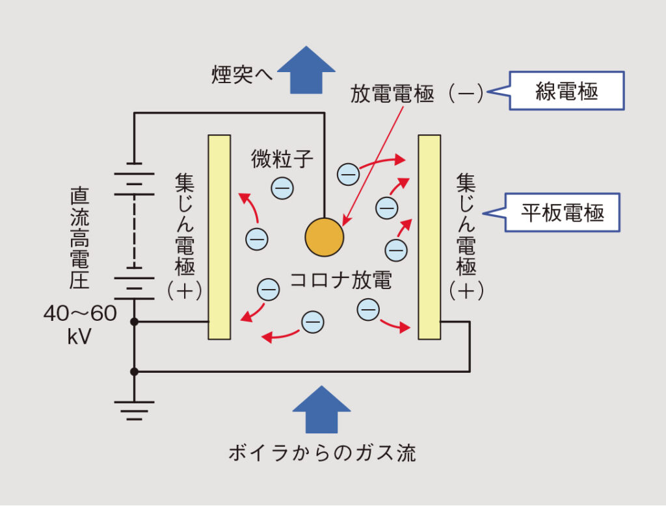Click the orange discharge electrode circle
coord(324,237)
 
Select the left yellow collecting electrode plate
coord(219,236)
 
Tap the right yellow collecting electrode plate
coord(429,236)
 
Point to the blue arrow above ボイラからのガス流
coord(321,409)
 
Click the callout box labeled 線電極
coord(565,91)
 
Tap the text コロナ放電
coord(340,281)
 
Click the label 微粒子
coord(274,157)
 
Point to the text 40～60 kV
coord(80,325)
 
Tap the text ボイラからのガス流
coord(321,453)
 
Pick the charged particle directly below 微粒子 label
coord(282,188)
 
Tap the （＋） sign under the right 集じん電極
coord(466,290)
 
